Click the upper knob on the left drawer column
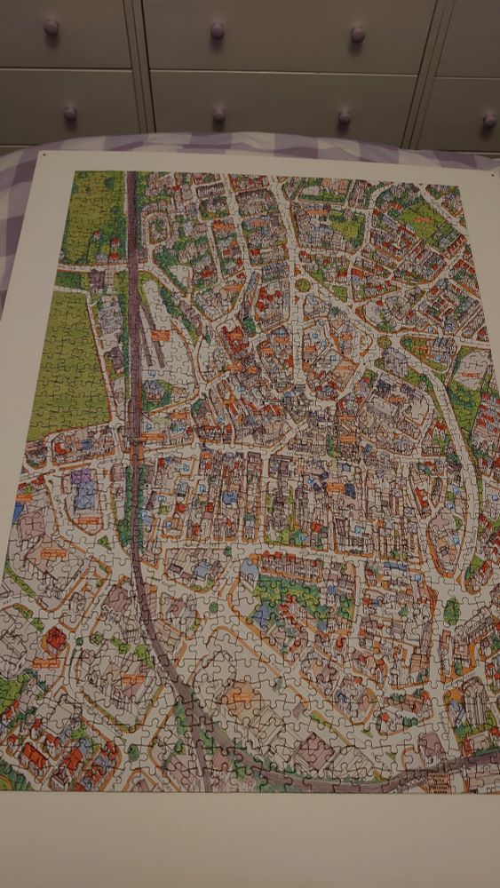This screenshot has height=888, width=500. pos(52,28)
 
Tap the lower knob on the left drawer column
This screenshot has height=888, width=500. pos(69,114)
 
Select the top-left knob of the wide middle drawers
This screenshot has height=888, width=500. pos(217,31)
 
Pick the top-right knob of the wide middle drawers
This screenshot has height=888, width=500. pos(357,35)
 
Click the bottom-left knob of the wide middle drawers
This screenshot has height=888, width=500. pos(218,115)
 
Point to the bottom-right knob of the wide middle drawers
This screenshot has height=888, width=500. pos(345,117)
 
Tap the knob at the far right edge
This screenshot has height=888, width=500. pos(489,121)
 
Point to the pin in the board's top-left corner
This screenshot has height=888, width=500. pos(44,155)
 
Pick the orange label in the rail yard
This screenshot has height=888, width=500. pos(161,336)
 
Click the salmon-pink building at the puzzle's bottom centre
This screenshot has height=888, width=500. pos(242,698)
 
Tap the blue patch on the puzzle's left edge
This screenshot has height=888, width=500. pos(19,512)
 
